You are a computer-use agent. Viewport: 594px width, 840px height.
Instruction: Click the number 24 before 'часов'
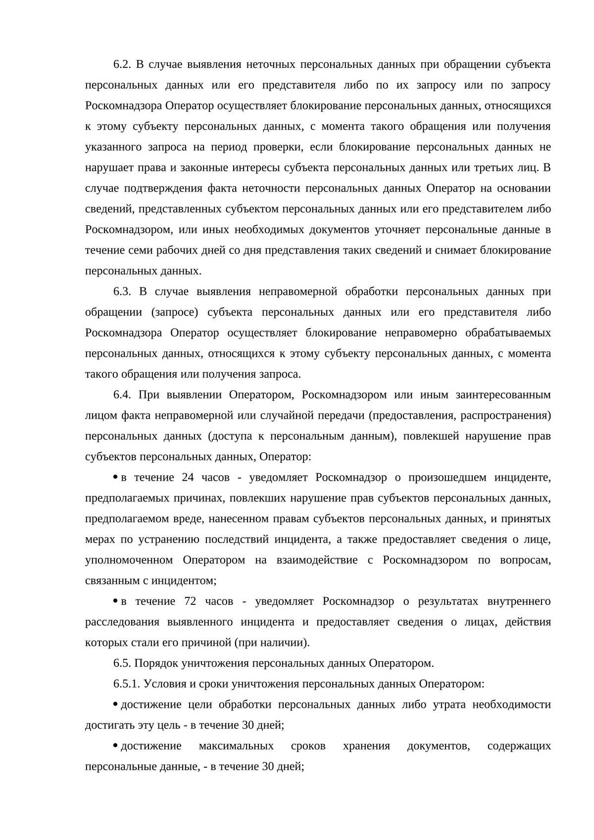pyautogui.click(x=188, y=477)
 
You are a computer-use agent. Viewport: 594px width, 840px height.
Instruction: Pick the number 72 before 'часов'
pyautogui.click(x=190, y=601)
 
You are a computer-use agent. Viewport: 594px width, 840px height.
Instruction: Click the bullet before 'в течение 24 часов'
pyautogui.click(x=115, y=477)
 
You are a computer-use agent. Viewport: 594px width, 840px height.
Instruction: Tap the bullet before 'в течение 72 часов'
pyautogui.click(x=115, y=601)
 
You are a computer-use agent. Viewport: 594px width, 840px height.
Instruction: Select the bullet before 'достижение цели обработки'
pyautogui.click(x=115, y=704)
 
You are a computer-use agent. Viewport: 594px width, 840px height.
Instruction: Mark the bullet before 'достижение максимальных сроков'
pyautogui.click(x=115, y=745)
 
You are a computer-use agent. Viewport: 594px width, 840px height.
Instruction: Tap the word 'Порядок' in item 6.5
pyautogui.click(x=155, y=663)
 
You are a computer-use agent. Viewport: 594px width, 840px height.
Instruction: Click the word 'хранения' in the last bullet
pyautogui.click(x=366, y=745)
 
